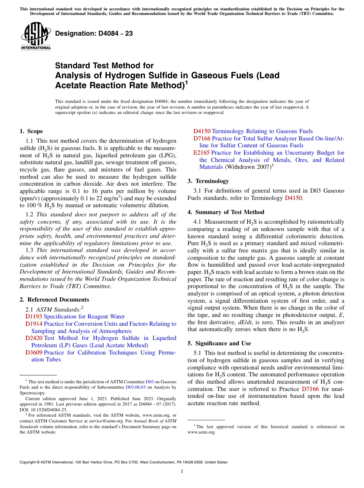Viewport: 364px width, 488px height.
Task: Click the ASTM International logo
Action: pyautogui.click(x=36, y=37)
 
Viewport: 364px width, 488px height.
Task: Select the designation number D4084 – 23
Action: pyautogui.click(x=94, y=34)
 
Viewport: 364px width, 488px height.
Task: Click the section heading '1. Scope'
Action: pyautogui.click(x=31, y=131)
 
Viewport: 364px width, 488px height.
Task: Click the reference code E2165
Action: pyautogui.click(x=201, y=153)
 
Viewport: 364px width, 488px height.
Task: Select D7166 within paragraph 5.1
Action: pyautogui.click(x=310, y=389)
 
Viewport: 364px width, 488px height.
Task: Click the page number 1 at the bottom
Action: pyautogui.click(x=182, y=472)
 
